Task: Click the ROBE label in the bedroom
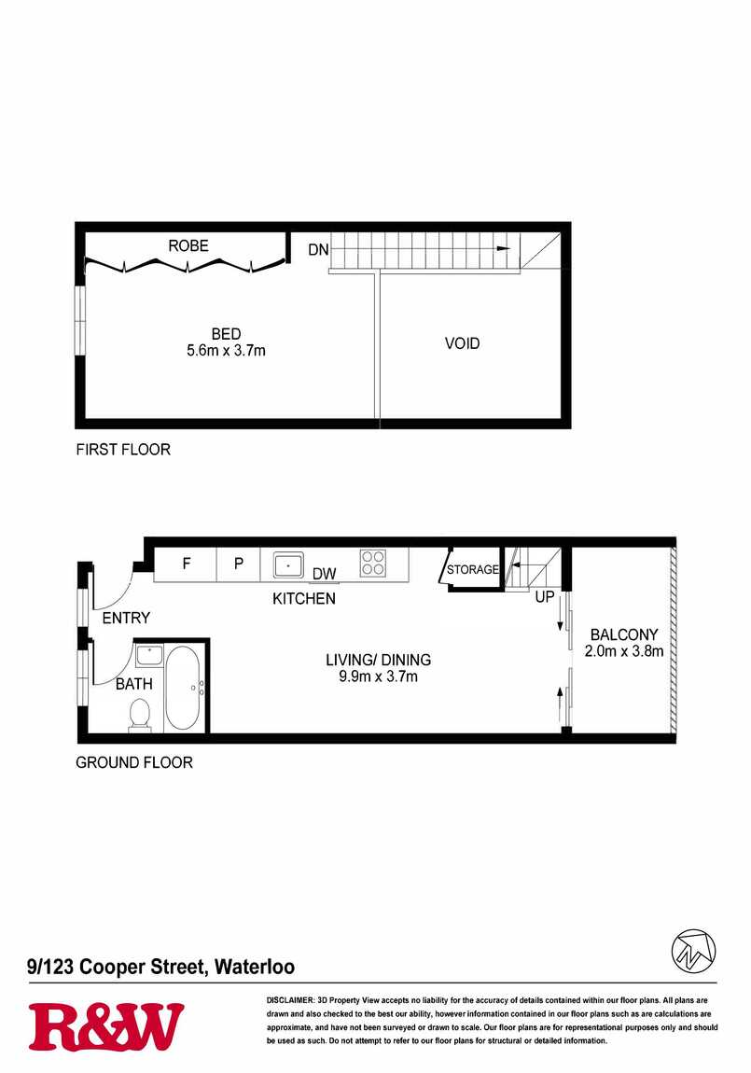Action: coord(188,245)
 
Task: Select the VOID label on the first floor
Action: coord(463,343)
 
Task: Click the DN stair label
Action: coord(319,250)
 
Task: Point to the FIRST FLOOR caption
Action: coord(123,450)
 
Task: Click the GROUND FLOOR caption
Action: coord(134,762)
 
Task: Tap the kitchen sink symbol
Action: coord(288,566)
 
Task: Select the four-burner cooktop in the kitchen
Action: coord(373,563)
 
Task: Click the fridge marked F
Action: coord(186,564)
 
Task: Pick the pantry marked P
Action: coord(239,564)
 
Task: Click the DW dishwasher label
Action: coord(325,574)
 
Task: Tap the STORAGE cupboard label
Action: coord(473,569)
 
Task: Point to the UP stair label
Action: coord(545,597)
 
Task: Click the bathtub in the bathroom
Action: coord(183,688)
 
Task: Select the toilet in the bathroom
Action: coord(140,716)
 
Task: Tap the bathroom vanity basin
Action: coord(148,656)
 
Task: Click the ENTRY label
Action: coord(126,618)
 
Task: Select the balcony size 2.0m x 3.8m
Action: coord(624,650)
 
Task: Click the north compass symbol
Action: coord(693,951)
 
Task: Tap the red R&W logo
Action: coord(106,1026)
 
